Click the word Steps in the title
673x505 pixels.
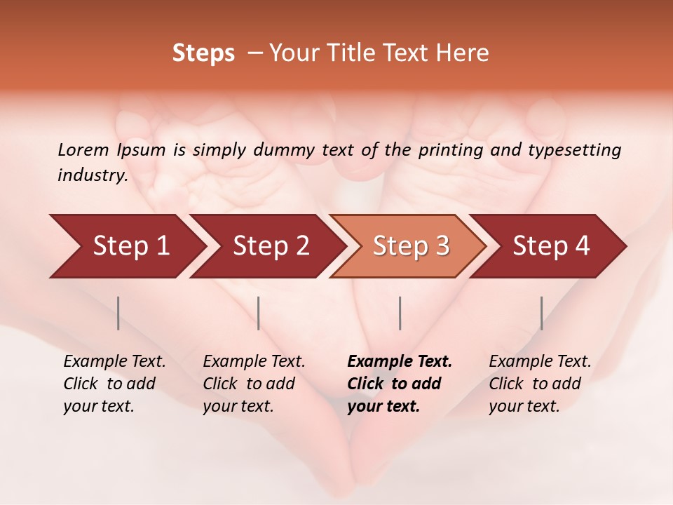[203, 53]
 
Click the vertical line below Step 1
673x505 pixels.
[118, 313]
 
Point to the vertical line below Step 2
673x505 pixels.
[259, 313]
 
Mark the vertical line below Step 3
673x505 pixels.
[400, 313]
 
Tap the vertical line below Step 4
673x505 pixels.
[542, 313]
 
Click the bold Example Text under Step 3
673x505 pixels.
[400, 362]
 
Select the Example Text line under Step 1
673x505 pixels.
[114, 362]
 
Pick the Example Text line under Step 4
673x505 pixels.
[540, 362]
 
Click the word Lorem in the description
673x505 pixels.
[83, 149]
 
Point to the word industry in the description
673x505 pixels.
[93, 175]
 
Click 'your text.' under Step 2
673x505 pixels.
[238, 406]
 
